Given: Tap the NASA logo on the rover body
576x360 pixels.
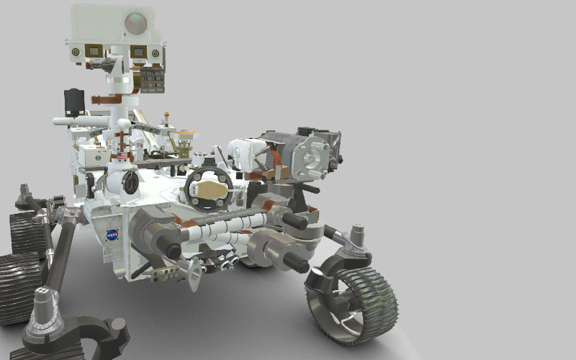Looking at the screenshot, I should point(112,235).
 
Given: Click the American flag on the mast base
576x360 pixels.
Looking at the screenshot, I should point(121,156).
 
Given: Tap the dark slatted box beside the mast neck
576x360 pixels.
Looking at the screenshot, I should point(152,79).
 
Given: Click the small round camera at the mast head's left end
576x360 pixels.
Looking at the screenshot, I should point(75,52).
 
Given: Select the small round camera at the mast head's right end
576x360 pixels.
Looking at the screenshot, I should point(155,53).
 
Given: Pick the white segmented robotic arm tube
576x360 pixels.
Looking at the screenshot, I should point(216,230).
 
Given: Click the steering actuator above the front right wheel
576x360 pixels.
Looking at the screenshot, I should point(354,241).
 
